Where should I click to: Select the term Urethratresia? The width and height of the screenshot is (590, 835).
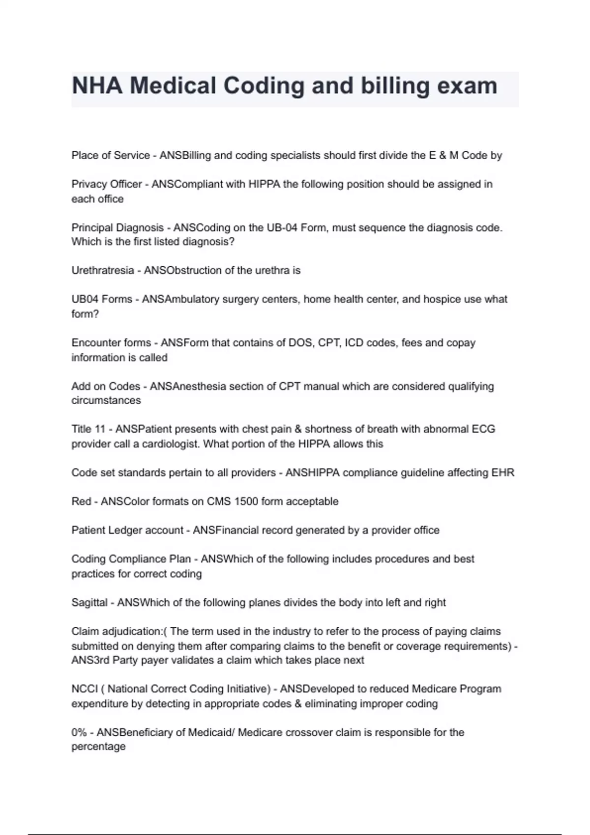coord(102,270)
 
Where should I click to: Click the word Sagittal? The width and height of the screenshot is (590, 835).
coord(89,602)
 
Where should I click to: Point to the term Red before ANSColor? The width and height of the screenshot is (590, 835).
coord(81,501)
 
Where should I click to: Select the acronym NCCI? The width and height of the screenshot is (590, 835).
coord(85,689)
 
